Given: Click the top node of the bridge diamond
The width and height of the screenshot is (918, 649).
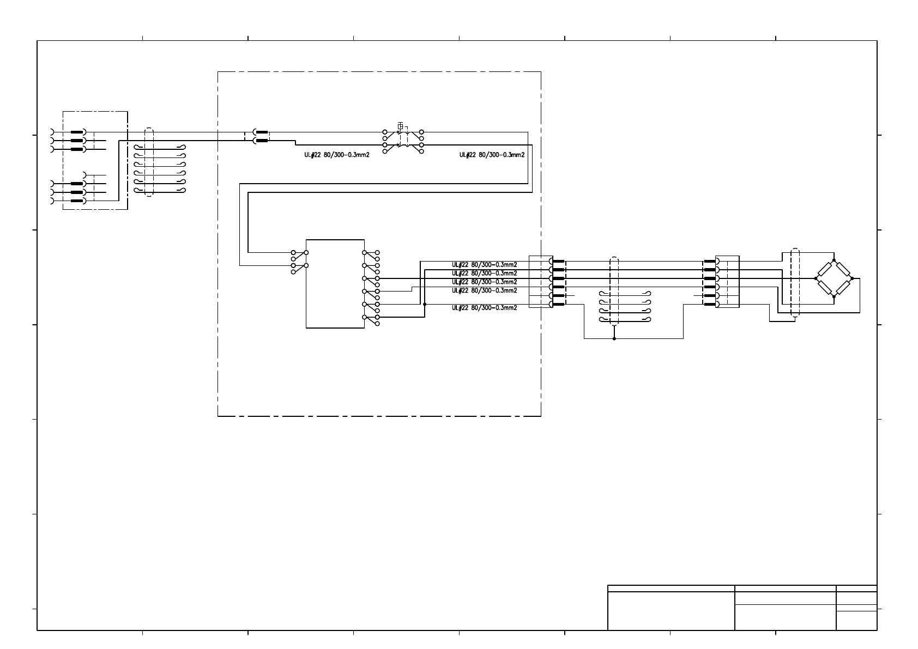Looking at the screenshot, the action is click(x=834, y=260).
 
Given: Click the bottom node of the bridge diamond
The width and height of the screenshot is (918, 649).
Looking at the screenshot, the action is click(x=834, y=296).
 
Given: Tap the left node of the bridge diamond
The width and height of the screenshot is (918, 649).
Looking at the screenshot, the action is click(x=816, y=278).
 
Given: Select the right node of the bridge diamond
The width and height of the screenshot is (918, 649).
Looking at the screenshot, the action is click(x=852, y=278).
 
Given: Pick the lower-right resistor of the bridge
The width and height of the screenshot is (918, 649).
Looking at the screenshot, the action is click(x=843, y=287).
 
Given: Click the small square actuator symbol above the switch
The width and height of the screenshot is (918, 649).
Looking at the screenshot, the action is click(x=400, y=126).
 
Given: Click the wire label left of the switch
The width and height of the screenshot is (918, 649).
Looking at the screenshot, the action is click(x=337, y=155).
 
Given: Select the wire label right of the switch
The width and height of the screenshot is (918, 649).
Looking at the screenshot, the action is click(x=492, y=155).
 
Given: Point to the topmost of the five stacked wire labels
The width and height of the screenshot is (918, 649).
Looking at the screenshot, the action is click(x=484, y=265).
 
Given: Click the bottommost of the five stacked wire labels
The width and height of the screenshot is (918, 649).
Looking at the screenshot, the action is click(x=484, y=308).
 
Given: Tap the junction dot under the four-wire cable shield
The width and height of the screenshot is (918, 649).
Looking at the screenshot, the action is click(x=614, y=338).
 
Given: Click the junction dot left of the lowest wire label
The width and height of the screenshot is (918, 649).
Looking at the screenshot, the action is click(x=425, y=304).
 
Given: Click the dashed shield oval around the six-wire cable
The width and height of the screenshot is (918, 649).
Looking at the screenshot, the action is click(x=149, y=162).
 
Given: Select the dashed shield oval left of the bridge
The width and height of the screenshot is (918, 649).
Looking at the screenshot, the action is click(x=795, y=282).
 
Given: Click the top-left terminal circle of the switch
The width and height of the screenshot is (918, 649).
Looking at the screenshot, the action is click(x=385, y=132).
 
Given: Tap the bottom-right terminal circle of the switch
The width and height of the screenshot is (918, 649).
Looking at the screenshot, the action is click(x=421, y=151).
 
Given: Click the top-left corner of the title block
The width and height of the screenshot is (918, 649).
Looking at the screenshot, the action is click(x=608, y=585).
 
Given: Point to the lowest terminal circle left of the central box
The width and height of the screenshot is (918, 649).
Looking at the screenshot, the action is click(x=293, y=272).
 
